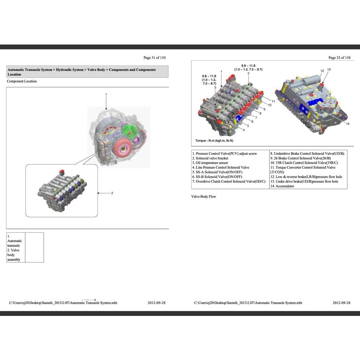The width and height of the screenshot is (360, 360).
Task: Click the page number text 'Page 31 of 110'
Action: click(x=154, y=57)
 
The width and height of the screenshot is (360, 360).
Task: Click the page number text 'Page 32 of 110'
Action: click(x=339, y=57)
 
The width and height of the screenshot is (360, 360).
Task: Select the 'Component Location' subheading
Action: click(x=22, y=81)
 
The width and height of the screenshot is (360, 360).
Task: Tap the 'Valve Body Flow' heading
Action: click(x=204, y=196)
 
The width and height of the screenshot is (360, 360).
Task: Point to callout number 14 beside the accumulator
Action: click(x=347, y=124)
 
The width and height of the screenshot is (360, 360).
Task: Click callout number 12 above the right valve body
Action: click(x=322, y=70)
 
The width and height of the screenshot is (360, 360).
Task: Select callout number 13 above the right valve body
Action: click(x=329, y=69)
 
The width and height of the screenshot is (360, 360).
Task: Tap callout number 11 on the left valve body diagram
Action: click(x=273, y=101)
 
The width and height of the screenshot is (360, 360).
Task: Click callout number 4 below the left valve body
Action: click(x=243, y=130)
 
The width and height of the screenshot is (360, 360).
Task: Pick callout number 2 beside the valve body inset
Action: click(x=112, y=193)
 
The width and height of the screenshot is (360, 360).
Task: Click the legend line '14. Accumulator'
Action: click(x=282, y=186)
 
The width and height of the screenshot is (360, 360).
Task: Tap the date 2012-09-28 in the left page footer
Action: click(x=156, y=303)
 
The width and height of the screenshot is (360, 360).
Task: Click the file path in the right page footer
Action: click(x=248, y=303)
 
